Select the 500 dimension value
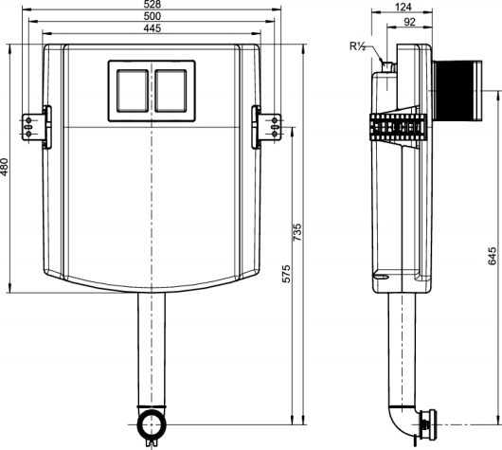153,18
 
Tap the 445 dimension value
153,29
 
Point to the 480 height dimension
6,167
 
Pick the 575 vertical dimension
285,273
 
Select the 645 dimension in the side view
491,256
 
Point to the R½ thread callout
358,44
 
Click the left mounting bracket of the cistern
36,124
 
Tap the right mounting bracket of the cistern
269,124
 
